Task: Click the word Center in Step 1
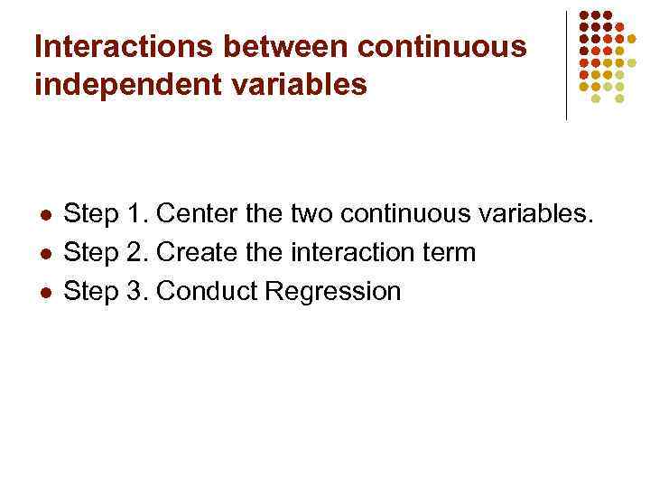tap(199, 215)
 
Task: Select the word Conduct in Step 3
tap(207, 292)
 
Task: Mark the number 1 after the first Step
tap(135, 215)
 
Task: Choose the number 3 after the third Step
tap(135, 292)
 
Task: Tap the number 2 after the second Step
tap(135, 253)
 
